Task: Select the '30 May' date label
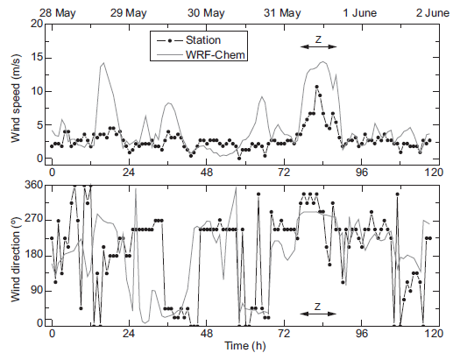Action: click(x=206, y=11)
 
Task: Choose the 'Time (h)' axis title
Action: click(x=240, y=349)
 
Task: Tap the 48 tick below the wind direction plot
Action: click(x=205, y=335)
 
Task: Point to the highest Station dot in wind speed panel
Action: click(x=316, y=87)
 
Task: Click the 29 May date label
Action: click(x=129, y=11)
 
